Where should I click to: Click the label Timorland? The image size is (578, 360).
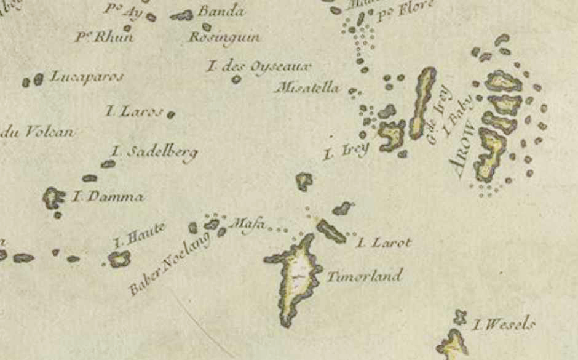[x=364, y=276]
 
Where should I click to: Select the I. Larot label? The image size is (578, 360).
[x=384, y=243]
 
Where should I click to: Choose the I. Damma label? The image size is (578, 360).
[x=108, y=198]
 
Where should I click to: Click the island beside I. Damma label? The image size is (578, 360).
[x=53, y=198]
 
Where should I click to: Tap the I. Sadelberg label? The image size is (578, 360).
[x=154, y=152]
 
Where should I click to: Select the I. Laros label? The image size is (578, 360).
[x=134, y=111]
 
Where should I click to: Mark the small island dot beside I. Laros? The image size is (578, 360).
[x=171, y=114]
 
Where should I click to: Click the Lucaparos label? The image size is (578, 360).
[x=87, y=77]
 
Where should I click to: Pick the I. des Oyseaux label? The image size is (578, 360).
[x=259, y=66]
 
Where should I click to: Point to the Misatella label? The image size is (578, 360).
[x=309, y=87]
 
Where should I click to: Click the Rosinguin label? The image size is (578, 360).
[x=224, y=38]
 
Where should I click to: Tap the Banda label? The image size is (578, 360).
[x=221, y=12]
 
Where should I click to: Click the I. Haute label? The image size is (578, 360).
[x=139, y=235]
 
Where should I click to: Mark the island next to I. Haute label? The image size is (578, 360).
[x=119, y=259]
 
